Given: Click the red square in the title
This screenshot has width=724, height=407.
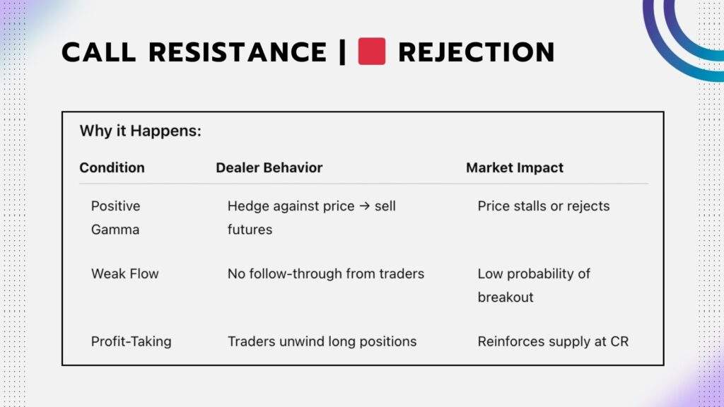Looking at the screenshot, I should click(371, 52).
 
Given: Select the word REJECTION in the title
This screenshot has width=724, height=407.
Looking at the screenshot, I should click(476, 52).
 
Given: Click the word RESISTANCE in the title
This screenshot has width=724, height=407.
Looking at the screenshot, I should click(238, 52).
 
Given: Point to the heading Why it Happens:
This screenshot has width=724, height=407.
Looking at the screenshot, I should click(140, 131).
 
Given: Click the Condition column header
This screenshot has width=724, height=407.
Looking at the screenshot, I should click(112, 167).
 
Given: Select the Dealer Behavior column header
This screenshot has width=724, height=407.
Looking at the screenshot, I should click(269, 167).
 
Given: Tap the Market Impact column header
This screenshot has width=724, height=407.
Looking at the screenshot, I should click(514, 167).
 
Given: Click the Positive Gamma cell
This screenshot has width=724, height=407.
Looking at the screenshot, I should click(115, 218).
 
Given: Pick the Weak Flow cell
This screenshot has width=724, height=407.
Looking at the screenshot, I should click(124, 273).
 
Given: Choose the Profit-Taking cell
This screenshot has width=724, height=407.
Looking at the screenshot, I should click(131, 341).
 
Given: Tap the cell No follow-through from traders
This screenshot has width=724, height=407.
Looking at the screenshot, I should click(325, 273).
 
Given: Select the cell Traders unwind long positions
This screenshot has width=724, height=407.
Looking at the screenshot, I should click(322, 341).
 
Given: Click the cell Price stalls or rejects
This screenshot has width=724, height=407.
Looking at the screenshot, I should click(543, 206).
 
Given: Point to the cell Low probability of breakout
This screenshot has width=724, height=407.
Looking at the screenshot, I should click(533, 285).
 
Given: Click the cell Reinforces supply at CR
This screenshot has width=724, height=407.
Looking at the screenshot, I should click(552, 341).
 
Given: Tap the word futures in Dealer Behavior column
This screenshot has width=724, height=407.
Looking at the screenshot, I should click(250, 230).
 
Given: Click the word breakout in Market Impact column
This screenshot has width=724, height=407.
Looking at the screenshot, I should click(505, 297).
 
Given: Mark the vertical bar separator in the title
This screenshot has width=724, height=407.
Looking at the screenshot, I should click(342, 52).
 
